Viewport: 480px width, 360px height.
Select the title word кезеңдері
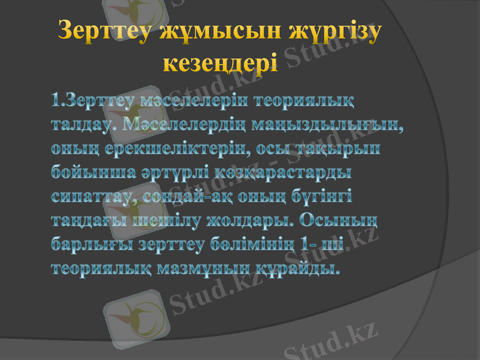pyautogui.click(x=221, y=62)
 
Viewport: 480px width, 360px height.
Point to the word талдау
pyautogui.click(x=86, y=124)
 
